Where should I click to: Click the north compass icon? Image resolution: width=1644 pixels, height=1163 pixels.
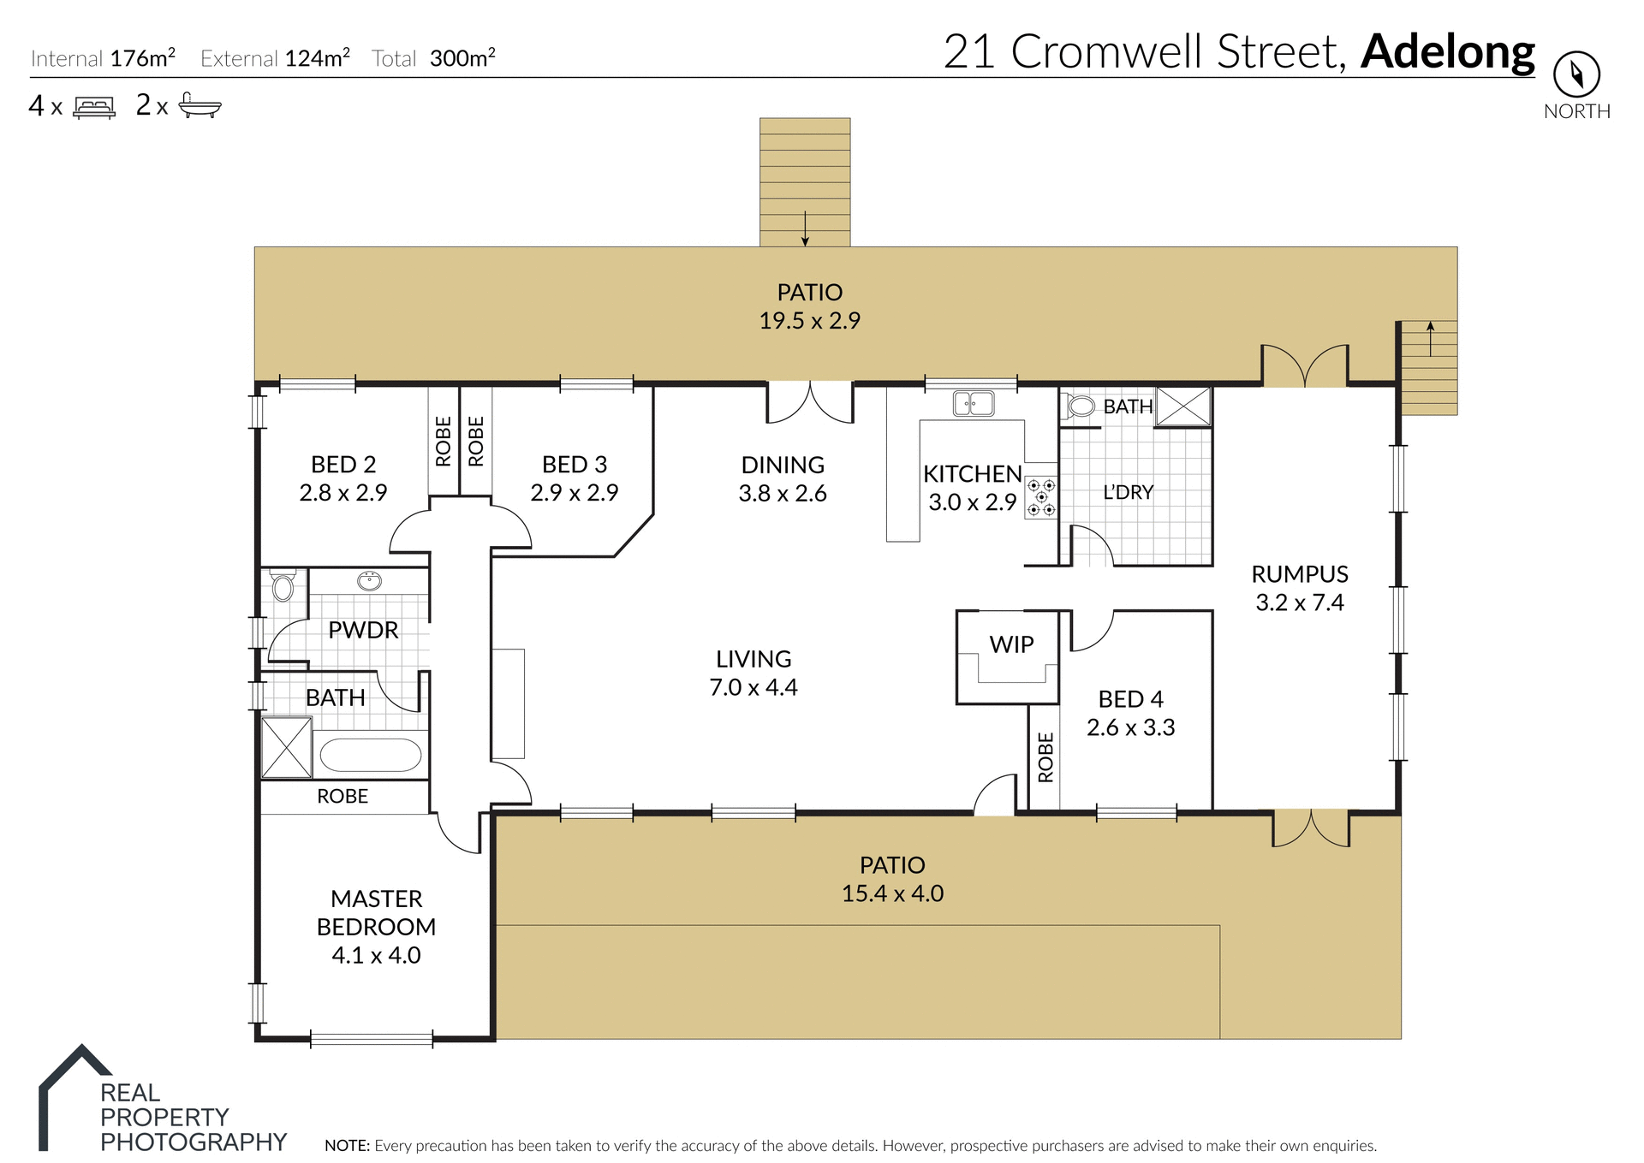(x=1576, y=74)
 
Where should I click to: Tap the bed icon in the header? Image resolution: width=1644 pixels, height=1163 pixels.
(x=94, y=108)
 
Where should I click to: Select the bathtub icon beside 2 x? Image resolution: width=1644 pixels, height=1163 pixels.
(x=200, y=106)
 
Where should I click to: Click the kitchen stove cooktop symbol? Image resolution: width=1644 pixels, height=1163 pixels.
(x=1041, y=497)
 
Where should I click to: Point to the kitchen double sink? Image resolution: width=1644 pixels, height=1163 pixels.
(x=974, y=403)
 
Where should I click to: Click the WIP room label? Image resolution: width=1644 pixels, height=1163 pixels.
(x=1011, y=644)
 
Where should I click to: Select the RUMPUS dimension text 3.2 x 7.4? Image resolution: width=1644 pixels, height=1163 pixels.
(x=1299, y=602)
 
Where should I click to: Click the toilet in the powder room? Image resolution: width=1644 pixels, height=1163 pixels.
(x=283, y=586)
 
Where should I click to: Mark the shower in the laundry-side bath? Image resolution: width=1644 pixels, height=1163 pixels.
(x=1183, y=406)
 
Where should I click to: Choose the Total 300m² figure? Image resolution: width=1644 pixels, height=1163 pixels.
(x=462, y=58)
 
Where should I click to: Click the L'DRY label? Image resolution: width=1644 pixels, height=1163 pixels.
(x=1128, y=492)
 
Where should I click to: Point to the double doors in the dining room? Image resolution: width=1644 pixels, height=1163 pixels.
(x=810, y=403)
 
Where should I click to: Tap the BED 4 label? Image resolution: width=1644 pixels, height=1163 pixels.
(x=1130, y=699)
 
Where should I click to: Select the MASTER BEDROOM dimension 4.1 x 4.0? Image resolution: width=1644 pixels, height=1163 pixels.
(x=376, y=955)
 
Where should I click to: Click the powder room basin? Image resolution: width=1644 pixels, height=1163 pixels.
(x=369, y=582)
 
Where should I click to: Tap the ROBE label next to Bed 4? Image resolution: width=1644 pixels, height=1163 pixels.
(x=1045, y=757)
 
